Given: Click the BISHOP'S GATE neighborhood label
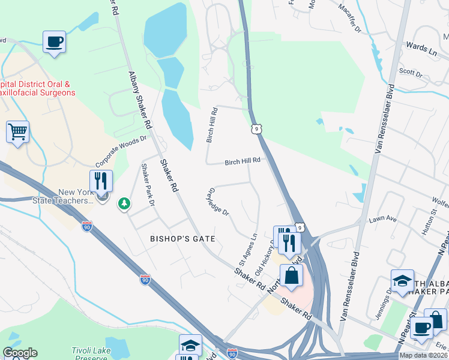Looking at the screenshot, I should [182, 239].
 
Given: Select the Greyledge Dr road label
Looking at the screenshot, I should [218, 202].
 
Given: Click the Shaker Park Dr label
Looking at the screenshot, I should [148, 185].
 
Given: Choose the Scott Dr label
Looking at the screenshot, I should [411, 73].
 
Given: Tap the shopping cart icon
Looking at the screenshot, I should [17, 131].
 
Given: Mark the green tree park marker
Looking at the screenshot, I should [124, 204].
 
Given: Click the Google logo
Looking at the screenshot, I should [20, 353].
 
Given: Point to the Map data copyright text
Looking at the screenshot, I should [424, 355].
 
